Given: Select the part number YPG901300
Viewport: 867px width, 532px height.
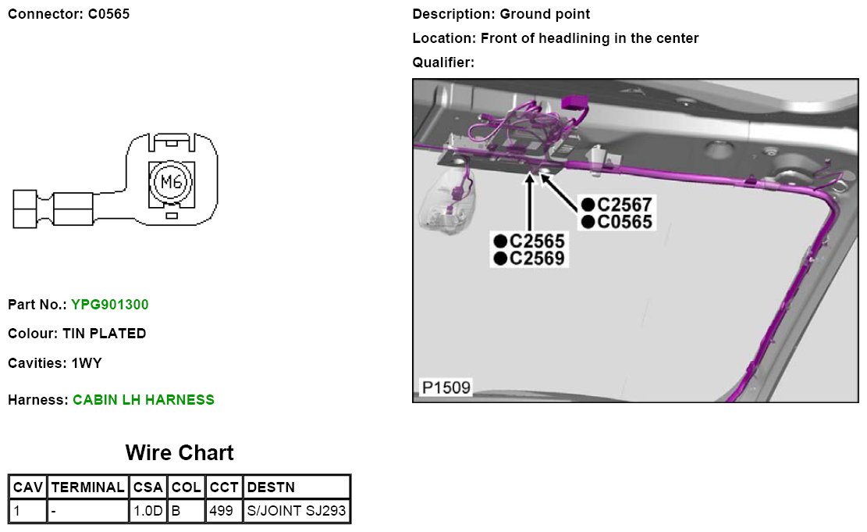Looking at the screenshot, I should tap(110, 305).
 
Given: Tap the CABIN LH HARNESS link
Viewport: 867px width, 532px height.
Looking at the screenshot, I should tap(144, 400).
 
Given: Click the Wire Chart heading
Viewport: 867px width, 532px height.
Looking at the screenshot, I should tap(179, 453).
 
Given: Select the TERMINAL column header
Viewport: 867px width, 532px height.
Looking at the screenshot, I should tap(87, 487).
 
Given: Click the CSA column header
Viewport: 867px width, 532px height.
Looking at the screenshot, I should tap(148, 487).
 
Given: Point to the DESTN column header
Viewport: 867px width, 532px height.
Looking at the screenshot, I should tap(271, 487).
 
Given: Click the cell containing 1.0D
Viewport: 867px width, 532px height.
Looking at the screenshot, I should tap(147, 512).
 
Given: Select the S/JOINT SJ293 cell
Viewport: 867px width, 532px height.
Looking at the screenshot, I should tap(297, 512).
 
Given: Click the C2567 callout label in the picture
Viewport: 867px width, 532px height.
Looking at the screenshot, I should tap(624, 205).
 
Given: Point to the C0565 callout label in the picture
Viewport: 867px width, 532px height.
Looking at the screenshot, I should tap(624, 222).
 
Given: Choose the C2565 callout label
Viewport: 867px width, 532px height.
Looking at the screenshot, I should tap(537, 241).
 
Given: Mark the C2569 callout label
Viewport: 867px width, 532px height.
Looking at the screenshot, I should tap(537, 258).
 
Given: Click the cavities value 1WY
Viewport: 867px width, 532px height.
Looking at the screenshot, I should tap(87, 363).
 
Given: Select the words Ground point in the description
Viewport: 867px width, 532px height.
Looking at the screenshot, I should tap(545, 14).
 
